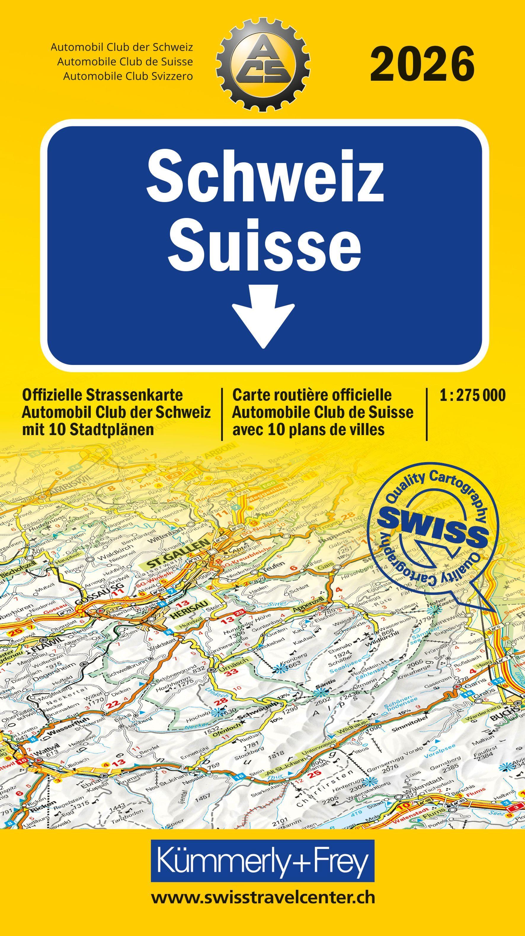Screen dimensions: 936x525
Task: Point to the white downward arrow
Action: [x=263, y=316]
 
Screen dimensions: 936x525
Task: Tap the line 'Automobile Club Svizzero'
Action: [x=128, y=76]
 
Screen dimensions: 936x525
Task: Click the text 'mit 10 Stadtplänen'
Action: [x=88, y=429]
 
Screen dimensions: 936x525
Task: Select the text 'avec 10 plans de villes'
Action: [x=308, y=429]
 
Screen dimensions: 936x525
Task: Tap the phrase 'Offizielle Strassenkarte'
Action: [x=103, y=395]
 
